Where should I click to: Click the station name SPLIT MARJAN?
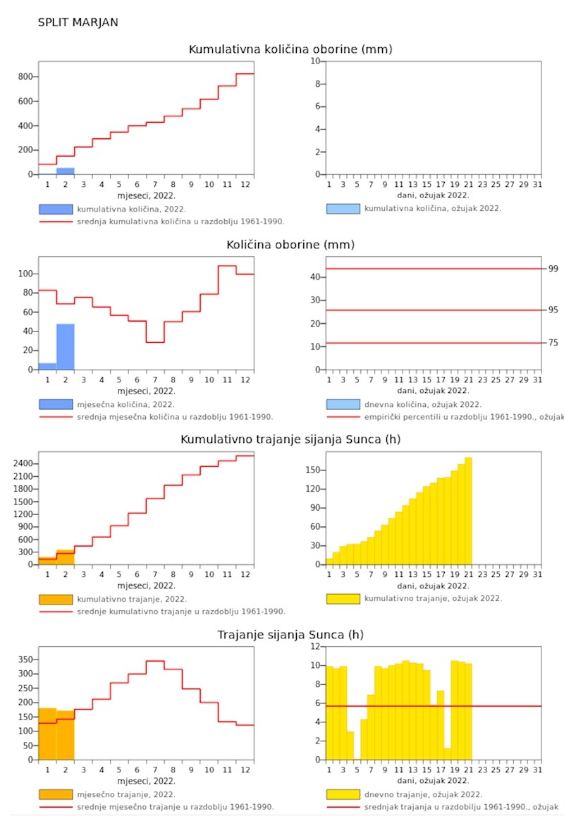click(x=78, y=23)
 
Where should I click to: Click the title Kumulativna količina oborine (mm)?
click(x=290, y=49)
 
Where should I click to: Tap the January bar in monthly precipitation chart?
click(x=47, y=366)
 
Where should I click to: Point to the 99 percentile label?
click(x=553, y=269)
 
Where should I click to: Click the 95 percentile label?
click(x=553, y=310)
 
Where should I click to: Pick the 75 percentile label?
click(x=553, y=343)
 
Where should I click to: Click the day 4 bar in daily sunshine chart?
click(x=350, y=746)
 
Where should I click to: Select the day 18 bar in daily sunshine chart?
click(x=448, y=754)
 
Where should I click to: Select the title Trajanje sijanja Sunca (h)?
click(x=290, y=635)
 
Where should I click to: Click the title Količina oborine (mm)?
click(x=290, y=245)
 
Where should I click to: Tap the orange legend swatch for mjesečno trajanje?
click(x=56, y=794)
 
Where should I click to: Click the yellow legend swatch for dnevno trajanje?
click(x=343, y=794)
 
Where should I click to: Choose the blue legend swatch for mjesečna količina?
click(x=56, y=404)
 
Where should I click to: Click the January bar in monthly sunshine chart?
click(x=47, y=734)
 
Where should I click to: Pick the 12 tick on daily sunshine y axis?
click(x=317, y=647)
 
